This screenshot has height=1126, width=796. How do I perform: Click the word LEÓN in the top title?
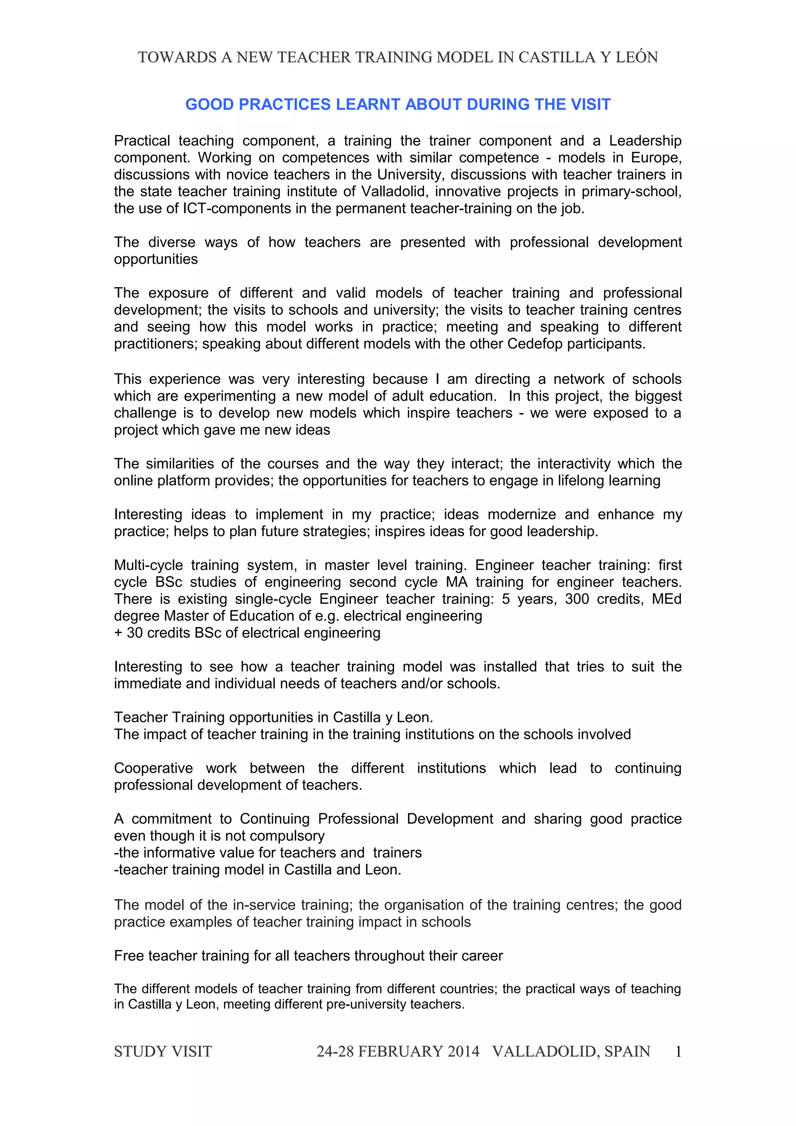tap(637, 58)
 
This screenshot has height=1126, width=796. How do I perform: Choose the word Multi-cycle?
tap(148, 565)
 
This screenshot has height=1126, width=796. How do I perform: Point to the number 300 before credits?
tap(577, 599)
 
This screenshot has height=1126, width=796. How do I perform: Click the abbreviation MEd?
tap(667, 599)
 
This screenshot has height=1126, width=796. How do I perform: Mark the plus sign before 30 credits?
tap(118, 633)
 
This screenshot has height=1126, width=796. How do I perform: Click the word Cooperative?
tap(154, 768)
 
